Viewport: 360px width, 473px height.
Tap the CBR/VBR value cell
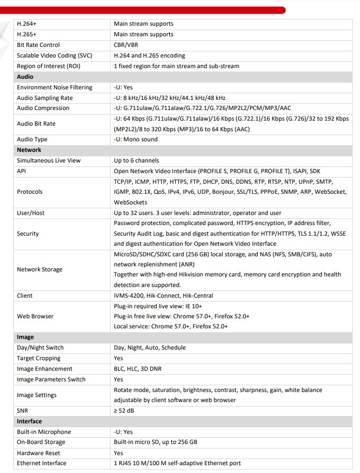(126, 45)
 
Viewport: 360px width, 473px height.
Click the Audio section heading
(25, 77)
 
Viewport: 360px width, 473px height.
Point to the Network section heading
(29, 150)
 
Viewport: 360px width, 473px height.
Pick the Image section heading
(26, 337)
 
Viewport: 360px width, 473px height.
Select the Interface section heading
(30, 421)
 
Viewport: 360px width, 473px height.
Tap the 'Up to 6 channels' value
(136, 160)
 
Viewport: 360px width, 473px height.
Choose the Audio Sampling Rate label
(45, 98)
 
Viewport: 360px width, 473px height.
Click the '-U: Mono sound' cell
(136, 139)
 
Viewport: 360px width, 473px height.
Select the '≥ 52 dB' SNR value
(124, 410)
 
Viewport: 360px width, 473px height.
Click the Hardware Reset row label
(39, 453)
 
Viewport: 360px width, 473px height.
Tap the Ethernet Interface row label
(42, 463)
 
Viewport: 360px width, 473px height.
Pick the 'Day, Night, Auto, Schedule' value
(150, 347)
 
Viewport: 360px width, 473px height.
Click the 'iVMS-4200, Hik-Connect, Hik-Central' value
(164, 295)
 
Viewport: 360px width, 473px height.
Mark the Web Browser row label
(36, 316)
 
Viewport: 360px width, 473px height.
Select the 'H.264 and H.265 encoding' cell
(150, 56)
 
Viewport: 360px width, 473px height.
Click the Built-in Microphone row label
(44, 432)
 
